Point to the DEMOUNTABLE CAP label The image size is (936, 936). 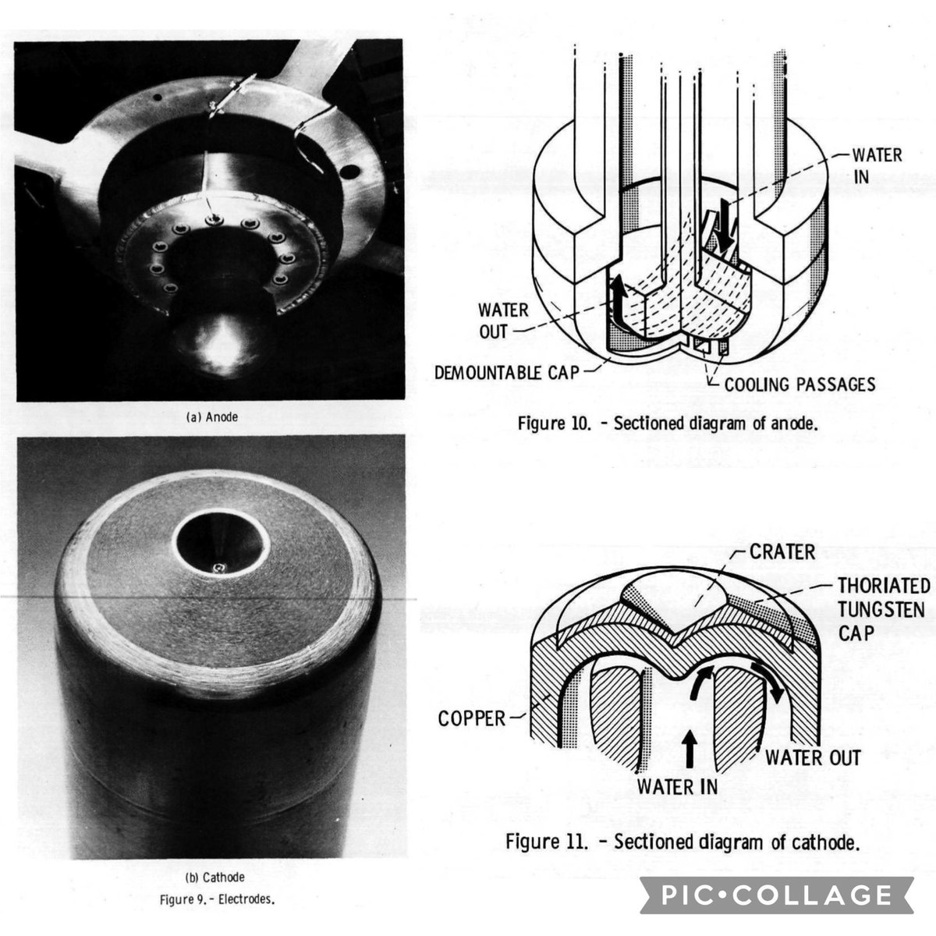[507, 372]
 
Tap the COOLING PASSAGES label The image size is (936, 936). [799, 384]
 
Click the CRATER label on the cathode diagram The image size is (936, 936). [782, 551]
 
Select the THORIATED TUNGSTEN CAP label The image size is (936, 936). [882, 608]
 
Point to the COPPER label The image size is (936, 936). [472, 718]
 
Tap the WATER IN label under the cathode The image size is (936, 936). [676, 785]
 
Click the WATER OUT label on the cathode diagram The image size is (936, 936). [813, 757]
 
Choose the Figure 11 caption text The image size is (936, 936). [682, 843]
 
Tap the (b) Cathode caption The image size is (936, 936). [211, 877]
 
